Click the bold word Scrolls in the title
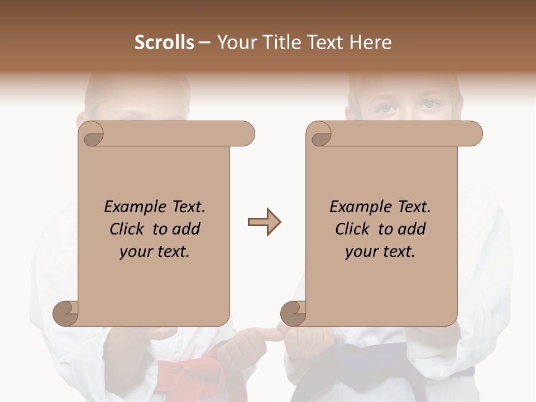164,42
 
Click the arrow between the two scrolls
264,222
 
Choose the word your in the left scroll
135,252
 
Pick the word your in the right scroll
360,252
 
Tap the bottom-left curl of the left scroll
65,313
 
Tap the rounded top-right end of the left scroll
246,134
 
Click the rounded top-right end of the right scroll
473,134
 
